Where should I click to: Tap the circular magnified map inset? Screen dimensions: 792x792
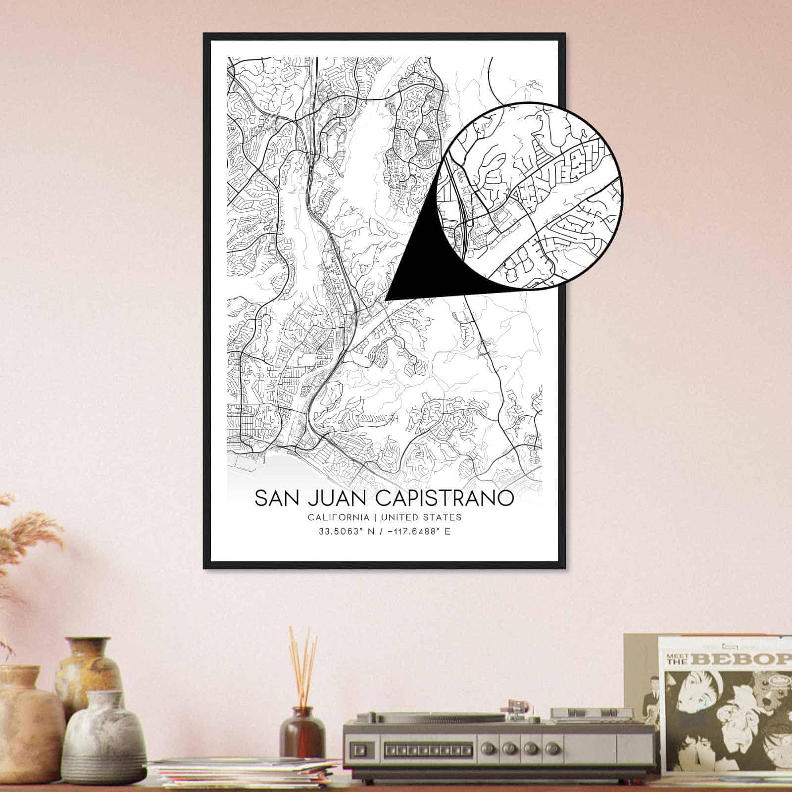530,196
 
